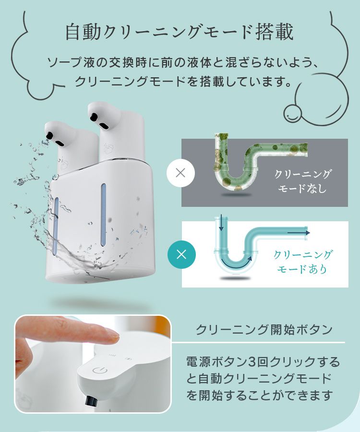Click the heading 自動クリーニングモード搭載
click(x=180, y=32)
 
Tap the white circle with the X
click(x=180, y=173)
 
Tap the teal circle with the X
click(x=181, y=254)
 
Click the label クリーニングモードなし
click(x=302, y=181)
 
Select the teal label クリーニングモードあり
click(x=302, y=262)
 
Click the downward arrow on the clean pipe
click(x=221, y=222)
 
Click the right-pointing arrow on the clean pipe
click(x=299, y=233)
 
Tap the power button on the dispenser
click(x=98, y=371)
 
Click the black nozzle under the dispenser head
click(x=91, y=401)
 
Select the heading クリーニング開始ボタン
click(x=264, y=329)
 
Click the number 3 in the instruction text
click(x=252, y=362)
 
